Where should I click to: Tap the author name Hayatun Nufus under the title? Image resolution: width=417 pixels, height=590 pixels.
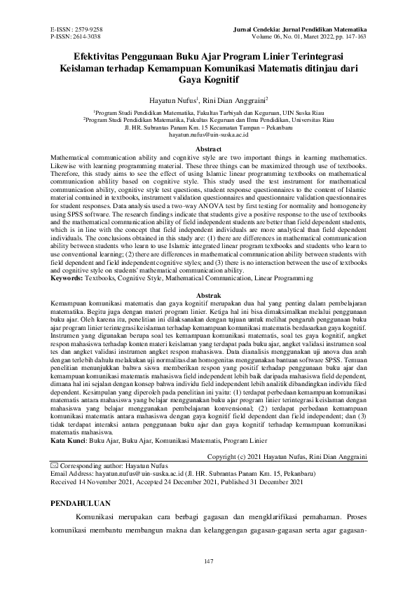point(172,100)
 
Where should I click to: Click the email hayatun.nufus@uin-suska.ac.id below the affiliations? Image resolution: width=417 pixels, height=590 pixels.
point(208,134)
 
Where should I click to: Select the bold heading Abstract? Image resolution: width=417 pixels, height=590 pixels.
point(208,149)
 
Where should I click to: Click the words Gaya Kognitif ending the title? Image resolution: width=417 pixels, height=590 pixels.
point(208,79)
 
